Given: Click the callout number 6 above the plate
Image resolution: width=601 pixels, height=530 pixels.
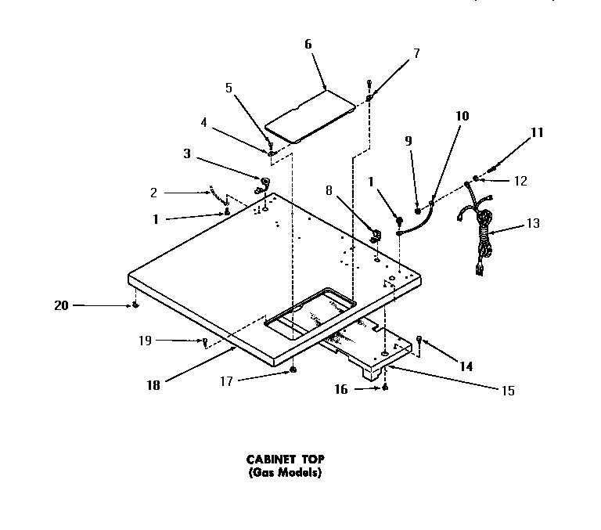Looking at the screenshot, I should (308, 45).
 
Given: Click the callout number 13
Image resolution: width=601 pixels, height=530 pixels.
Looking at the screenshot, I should (532, 223).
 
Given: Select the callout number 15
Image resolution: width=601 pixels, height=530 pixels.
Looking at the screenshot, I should (509, 391).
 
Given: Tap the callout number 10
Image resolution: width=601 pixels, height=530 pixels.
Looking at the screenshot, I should (462, 116).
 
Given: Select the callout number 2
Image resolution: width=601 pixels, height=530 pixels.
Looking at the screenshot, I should (154, 193).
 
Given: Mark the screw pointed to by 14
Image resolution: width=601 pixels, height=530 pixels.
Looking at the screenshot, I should (420, 340).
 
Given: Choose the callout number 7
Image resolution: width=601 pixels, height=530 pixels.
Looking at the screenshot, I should (416, 53).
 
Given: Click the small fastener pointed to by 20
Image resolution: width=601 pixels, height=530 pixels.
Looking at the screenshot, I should (135, 305).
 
